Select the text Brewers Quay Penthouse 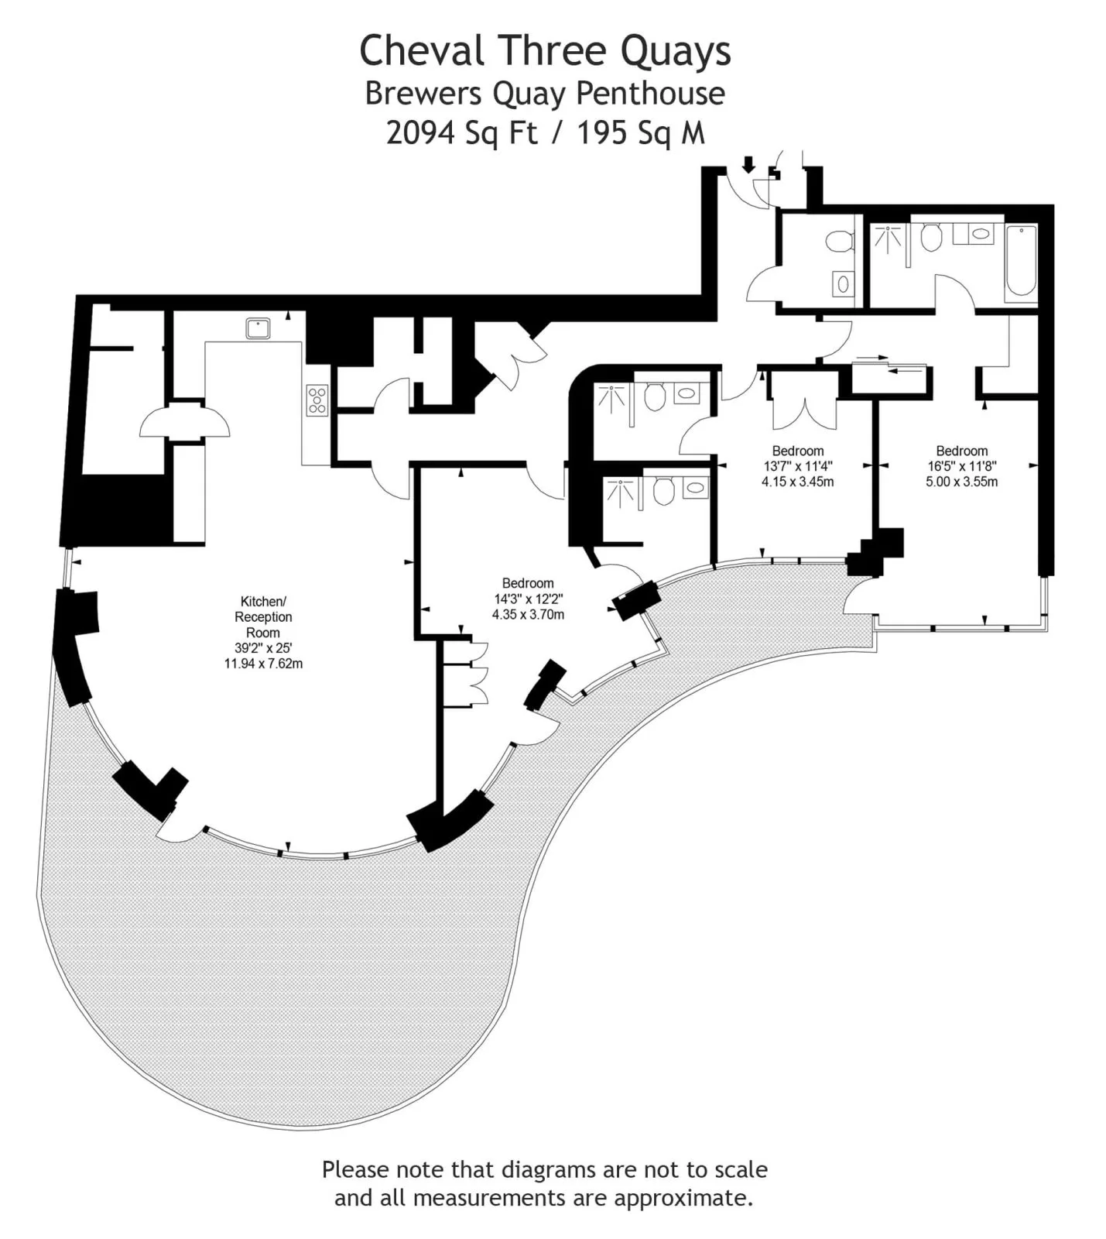point(545,94)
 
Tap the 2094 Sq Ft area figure point(461,133)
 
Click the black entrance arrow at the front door point(748,164)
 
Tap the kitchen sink point(259,328)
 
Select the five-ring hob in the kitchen point(317,400)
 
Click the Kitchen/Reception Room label point(263,616)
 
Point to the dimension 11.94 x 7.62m point(263,664)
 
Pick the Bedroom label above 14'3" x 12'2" point(528,583)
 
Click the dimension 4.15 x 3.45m point(798,482)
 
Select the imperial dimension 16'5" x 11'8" point(962,466)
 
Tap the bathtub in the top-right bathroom point(1021,261)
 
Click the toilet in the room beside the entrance point(838,241)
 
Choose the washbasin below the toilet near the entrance point(843,284)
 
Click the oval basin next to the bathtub point(980,233)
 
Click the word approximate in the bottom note point(683,1198)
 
